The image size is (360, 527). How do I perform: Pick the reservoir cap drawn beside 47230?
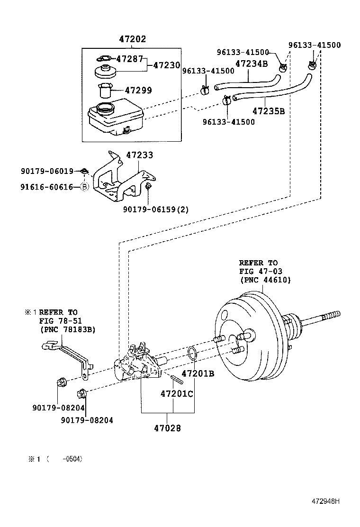tap(106, 73)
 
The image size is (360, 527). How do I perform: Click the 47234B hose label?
tap(252, 64)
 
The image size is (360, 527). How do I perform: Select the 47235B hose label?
tap(268, 111)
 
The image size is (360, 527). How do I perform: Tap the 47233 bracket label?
tap(139, 155)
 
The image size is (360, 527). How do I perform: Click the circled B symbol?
tap(85, 187)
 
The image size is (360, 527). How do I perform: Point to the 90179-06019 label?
tap(47, 171)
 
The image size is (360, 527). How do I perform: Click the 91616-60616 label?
tap(47, 187)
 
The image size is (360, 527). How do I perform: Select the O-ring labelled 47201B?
tap(192, 353)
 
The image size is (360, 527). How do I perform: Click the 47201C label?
tap(177, 394)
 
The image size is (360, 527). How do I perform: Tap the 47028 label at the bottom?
tap(167, 428)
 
